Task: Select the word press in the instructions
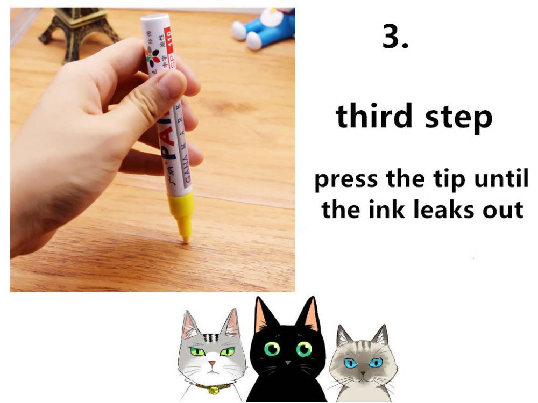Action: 346,180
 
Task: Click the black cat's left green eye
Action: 270,350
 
